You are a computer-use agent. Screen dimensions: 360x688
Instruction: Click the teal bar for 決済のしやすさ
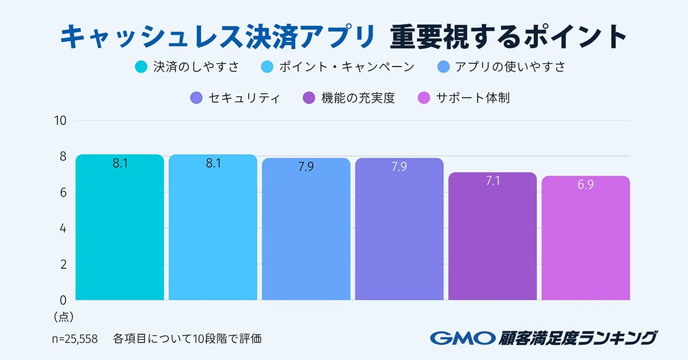[119, 229]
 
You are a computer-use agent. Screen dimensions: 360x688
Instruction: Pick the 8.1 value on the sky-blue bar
[213, 163]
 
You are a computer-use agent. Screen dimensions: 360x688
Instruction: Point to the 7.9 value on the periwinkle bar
[399, 167]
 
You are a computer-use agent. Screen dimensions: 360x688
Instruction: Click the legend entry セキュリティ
[243, 98]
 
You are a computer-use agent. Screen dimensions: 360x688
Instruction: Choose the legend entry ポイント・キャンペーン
[346, 66]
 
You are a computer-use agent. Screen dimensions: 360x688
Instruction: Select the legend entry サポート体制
[472, 98]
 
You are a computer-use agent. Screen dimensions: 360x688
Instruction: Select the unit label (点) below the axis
[64, 316]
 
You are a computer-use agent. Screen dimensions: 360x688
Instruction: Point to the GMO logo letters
[462, 338]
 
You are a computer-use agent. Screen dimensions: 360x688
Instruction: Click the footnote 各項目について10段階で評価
[187, 338]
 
